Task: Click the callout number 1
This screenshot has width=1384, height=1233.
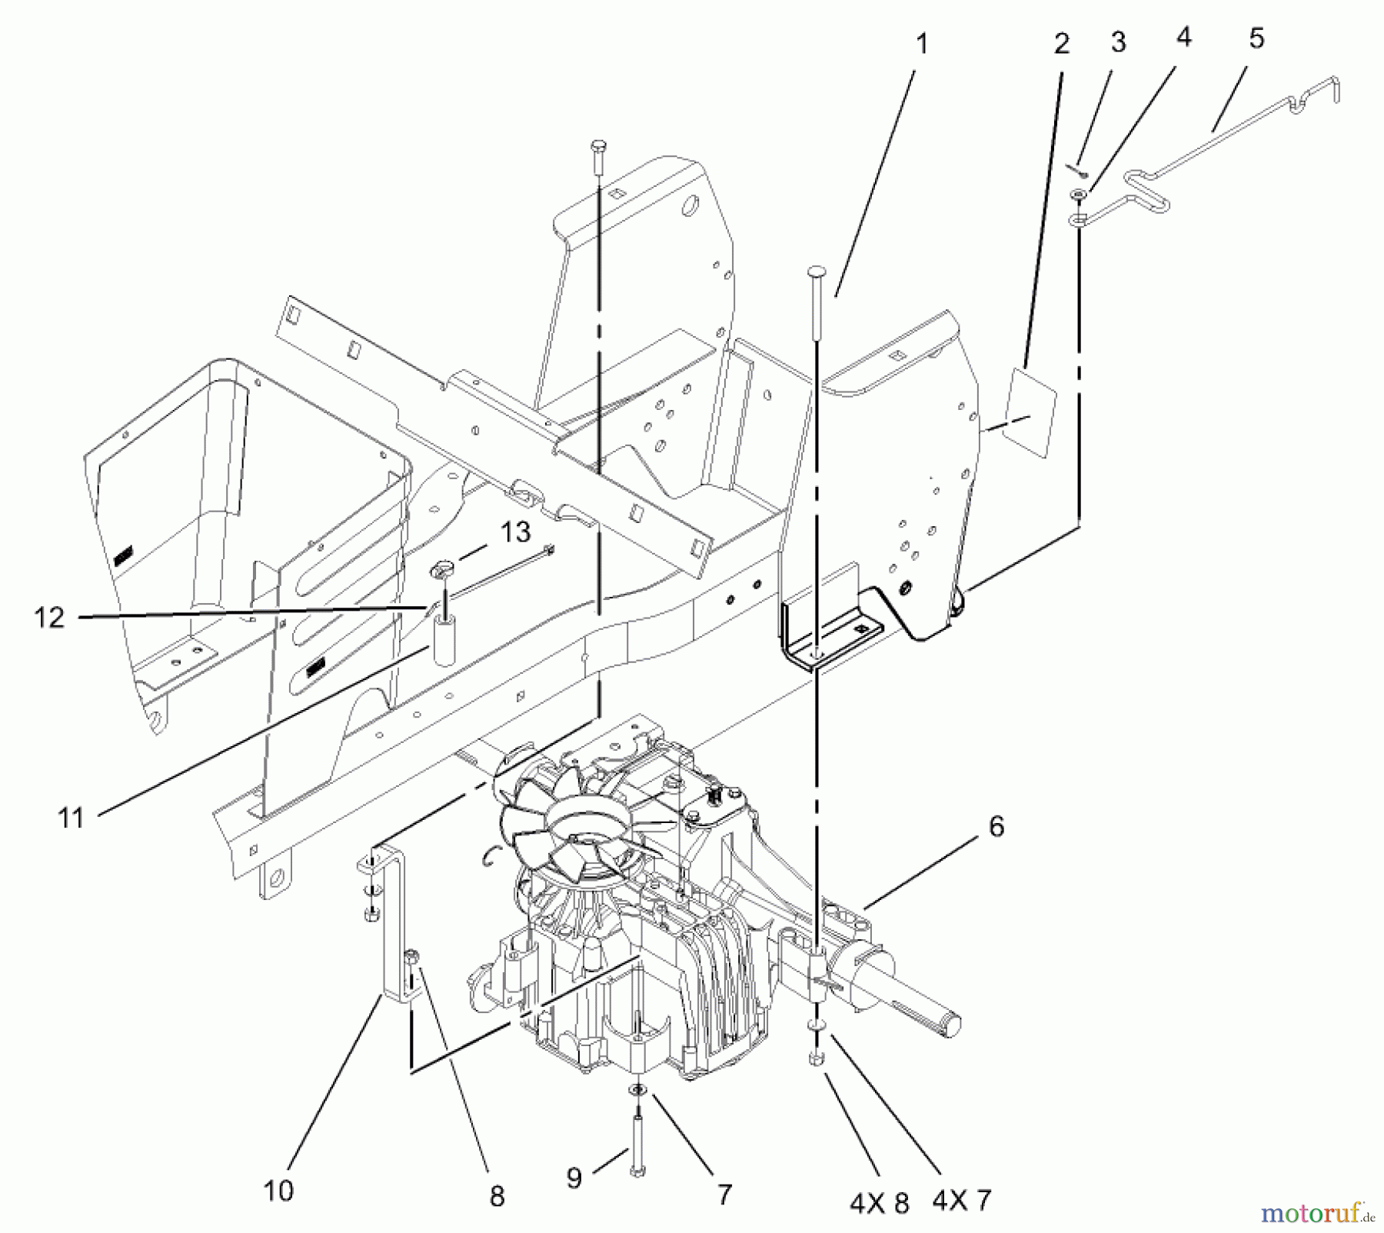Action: pyautogui.click(x=922, y=45)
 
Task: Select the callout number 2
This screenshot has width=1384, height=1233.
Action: pyautogui.click(x=1062, y=44)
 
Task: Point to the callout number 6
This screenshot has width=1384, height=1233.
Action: pyautogui.click(x=996, y=827)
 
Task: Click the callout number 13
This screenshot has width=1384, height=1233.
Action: pyautogui.click(x=516, y=531)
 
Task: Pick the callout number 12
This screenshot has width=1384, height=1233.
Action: pyautogui.click(x=50, y=617)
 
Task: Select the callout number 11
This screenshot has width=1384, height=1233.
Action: pyautogui.click(x=72, y=818)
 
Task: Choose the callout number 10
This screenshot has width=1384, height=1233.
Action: pyautogui.click(x=278, y=1190)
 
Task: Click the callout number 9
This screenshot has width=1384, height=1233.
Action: pyautogui.click(x=574, y=1177)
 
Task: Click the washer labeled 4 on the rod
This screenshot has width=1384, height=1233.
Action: pyautogui.click(x=1078, y=198)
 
